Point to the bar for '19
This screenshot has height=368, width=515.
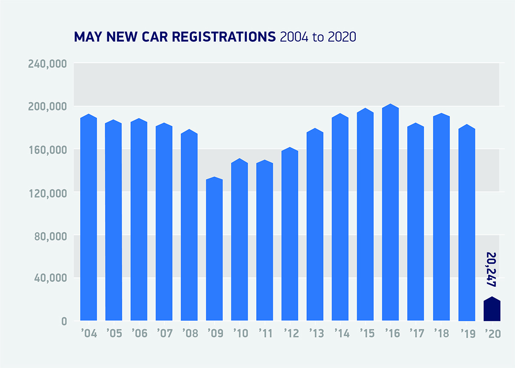coord(467,223)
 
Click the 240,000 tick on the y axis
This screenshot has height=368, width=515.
coord(47,64)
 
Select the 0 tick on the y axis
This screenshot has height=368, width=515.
coord(64,321)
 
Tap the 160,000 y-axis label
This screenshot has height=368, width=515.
coord(47,150)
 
